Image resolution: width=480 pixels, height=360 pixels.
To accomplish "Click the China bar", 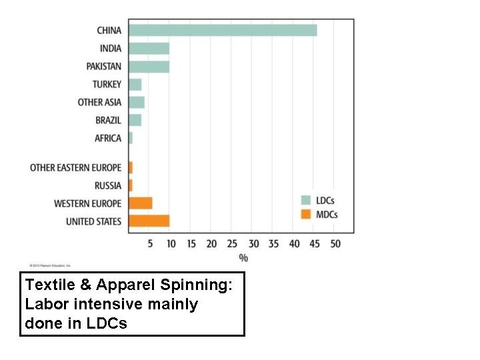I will click(x=223, y=30).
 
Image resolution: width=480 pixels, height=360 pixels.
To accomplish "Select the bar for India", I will click(x=149, y=48).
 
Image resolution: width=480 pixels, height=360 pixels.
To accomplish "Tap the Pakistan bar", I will click(x=149, y=66).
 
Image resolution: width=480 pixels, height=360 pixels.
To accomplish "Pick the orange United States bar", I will click(x=149, y=221).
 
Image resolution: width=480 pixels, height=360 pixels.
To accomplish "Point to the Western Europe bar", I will click(x=141, y=203).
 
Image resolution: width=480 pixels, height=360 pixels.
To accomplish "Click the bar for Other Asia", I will click(x=137, y=102).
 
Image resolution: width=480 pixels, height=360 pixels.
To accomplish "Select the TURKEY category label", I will click(x=107, y=84).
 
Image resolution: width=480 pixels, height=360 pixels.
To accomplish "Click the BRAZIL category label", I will click(x=108, y=120).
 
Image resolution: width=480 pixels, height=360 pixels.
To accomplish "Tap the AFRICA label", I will click(x=108, y=138).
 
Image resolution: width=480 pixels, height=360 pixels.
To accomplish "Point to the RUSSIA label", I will click(x=108, y=185).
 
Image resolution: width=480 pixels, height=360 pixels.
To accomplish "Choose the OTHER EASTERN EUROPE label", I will click(x=75, y=167).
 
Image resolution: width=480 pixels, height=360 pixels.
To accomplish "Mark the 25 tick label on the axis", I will click(x=232, y=244).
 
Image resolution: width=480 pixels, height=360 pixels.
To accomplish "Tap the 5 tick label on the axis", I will click(x=150, y=244).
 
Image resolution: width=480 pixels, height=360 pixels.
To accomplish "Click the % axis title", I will click(x=243, y=257).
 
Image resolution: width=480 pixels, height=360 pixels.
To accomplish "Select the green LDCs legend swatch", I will click(x=306, y=199).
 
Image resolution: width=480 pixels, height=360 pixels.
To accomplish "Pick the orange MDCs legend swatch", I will click(x=306, y=214).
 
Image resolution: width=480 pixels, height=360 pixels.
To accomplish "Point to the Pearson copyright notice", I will click(x=49, y=265).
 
